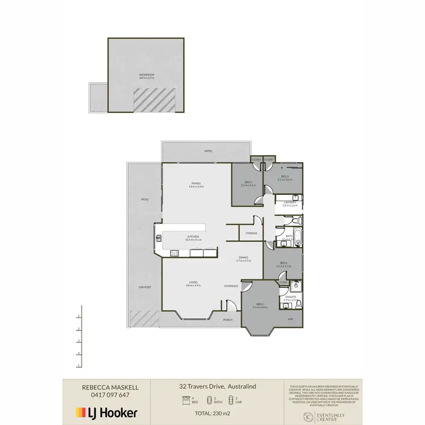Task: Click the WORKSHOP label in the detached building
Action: pos(147,75)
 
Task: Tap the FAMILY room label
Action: pos(196,184)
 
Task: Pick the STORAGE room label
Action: pos(251,233)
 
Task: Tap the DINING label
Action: pos(244,258)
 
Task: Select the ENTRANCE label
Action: pos(231,286)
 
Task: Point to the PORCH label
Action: pos(228,320)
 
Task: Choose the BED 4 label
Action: pos(283,263)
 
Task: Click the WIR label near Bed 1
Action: pos(290,319)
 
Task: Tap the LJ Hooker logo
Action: pos(107,413)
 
